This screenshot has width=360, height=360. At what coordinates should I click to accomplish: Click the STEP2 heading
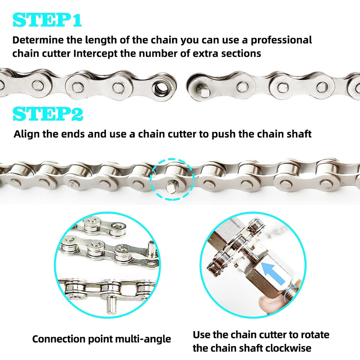48,114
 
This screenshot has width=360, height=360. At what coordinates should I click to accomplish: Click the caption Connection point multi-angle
102,339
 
